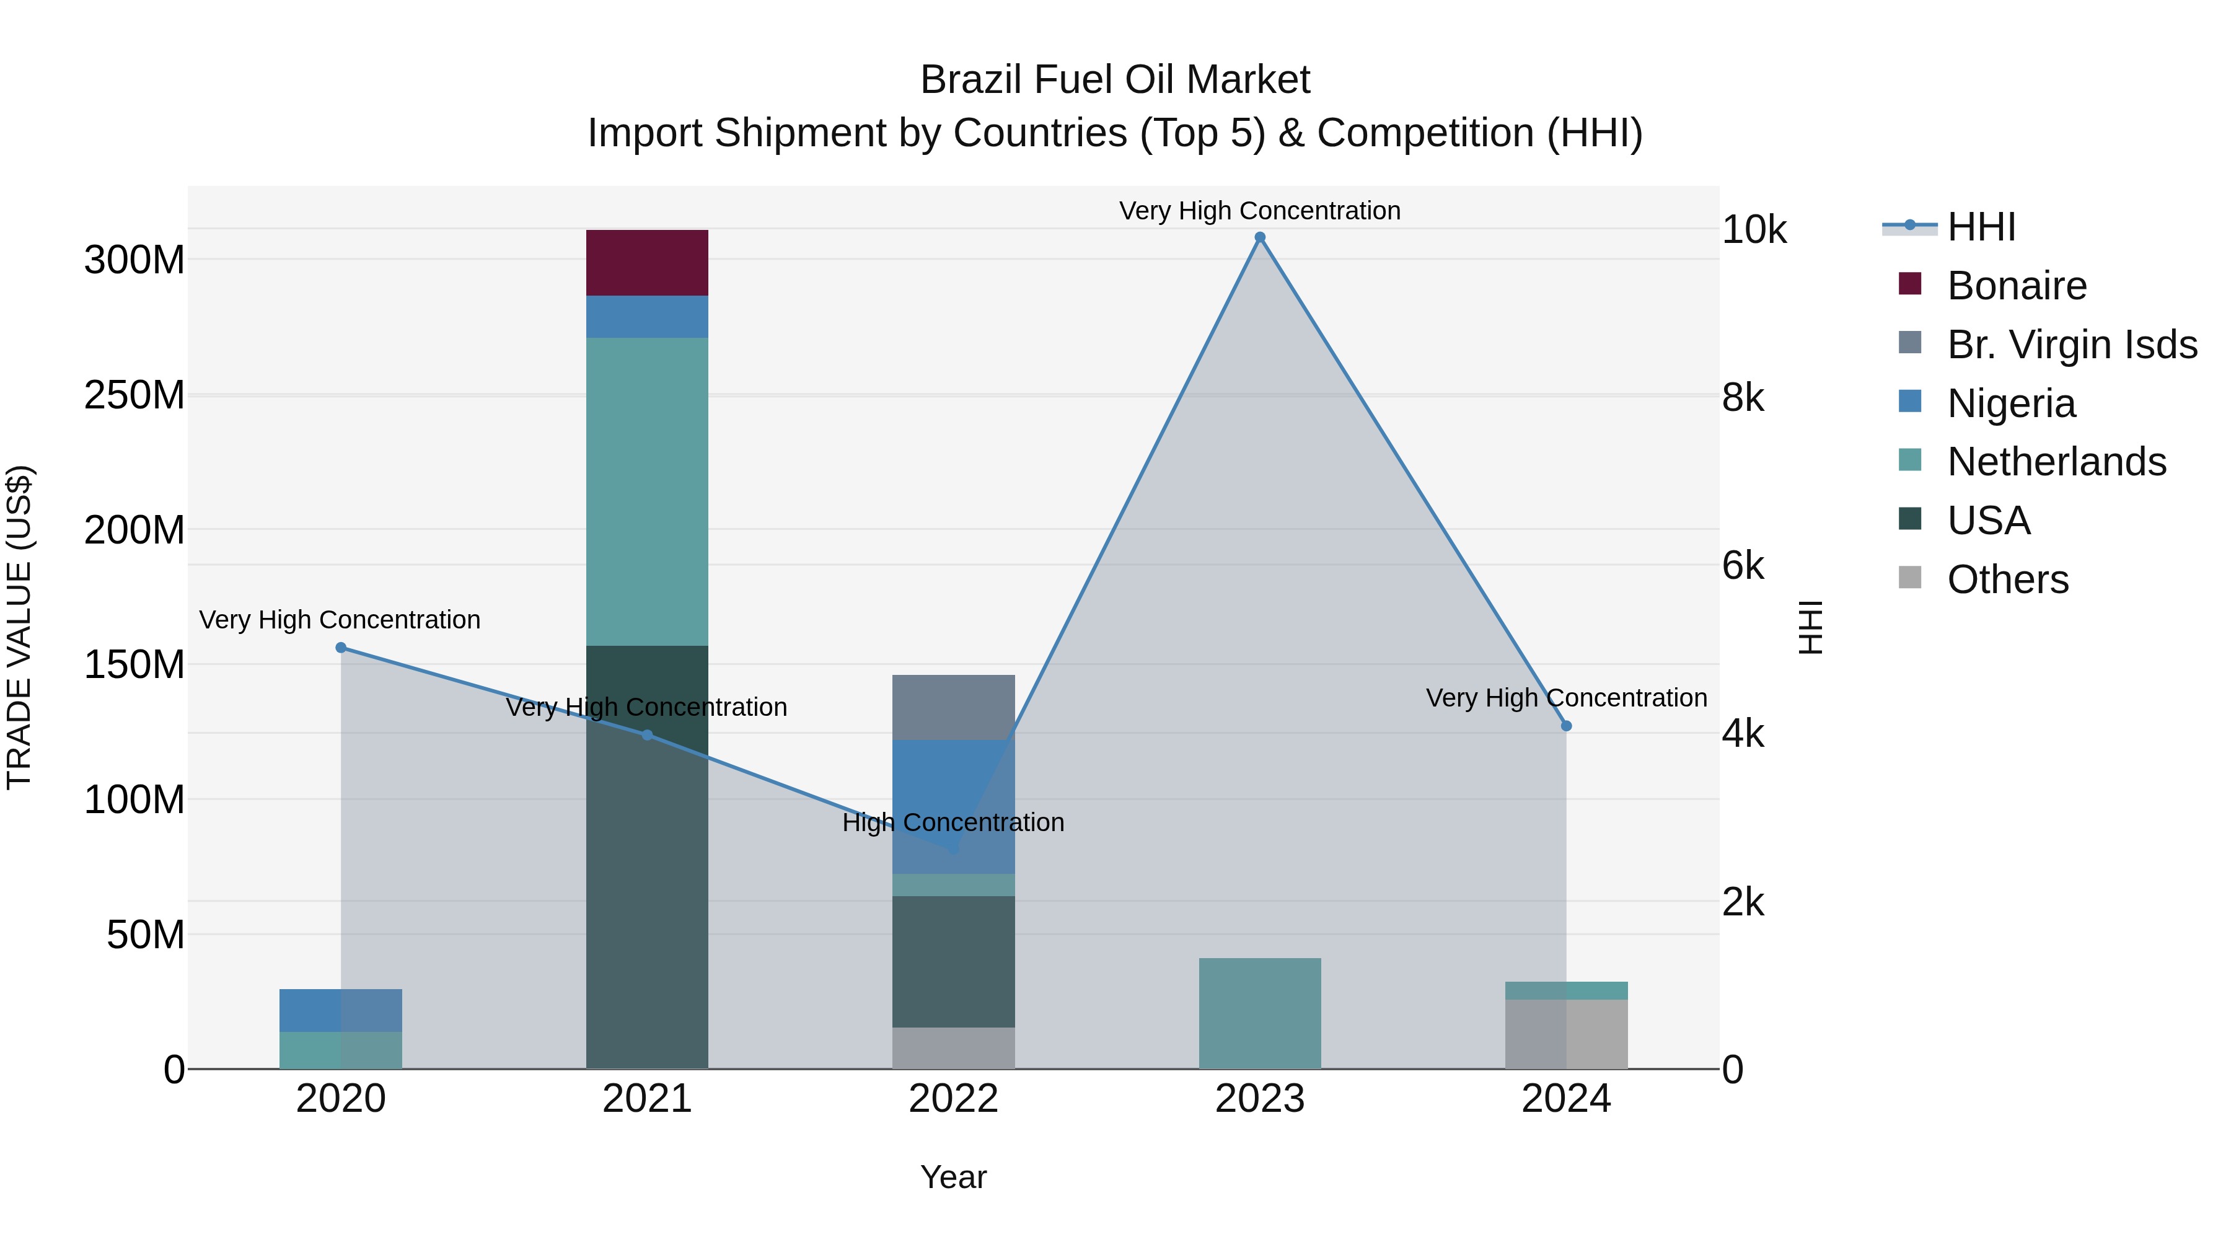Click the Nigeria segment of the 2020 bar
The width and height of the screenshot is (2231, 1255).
pyautogui.click(x=340, y=1010)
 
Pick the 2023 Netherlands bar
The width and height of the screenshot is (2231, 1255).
pyautogui.click(x=1259, y=1013)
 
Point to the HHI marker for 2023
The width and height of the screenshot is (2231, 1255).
pyautogui.click(x=1259, y=237)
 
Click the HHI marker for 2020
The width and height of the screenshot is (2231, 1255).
pyautogui.click(x=340, y=647)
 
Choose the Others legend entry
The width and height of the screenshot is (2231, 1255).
pyautogui.click(x=2007, y=579)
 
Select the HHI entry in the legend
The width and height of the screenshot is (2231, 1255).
pyautogui.click(x=1981, y=227)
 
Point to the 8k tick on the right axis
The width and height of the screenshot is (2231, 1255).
pyautogui.click(x=1743, y=399)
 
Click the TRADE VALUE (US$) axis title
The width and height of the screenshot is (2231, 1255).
pyautogui.click(x=19, y=627)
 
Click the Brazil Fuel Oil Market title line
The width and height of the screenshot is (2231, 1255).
pyautogui.click(x=1115, y=80)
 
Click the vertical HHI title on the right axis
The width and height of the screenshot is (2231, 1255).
pyautogui.click(x=1811, y=627)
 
